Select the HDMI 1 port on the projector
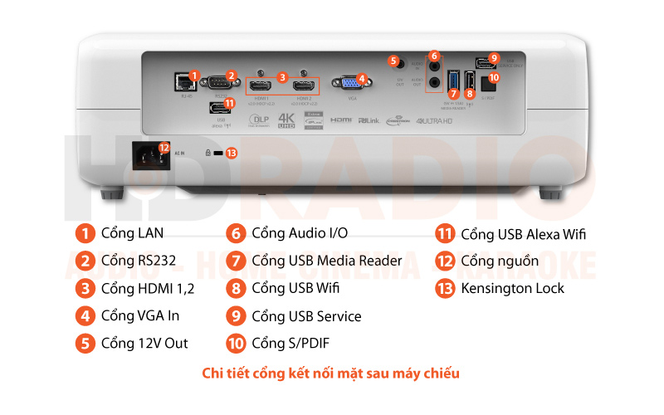click(x=259, y=85)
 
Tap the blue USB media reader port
click(x=453, y=81)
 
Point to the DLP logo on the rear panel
click(x=259, y=119)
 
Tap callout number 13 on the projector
click(x=232, y=153)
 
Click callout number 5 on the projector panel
click(x=393, y=61)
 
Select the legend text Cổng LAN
click(x=130, y=234)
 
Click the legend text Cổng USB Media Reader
click(x=326, y=261)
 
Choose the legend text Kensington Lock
click(x=512, y=288)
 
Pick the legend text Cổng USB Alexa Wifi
click(x=523, y=234)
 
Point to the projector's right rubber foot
click(x=549, y=194)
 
